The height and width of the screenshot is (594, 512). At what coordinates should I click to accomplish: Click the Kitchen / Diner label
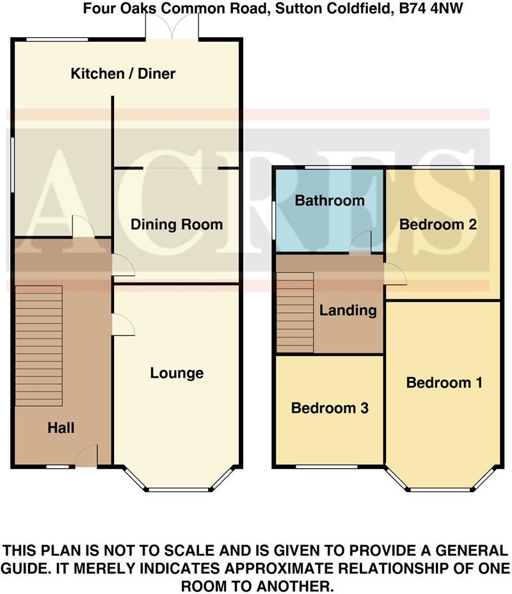click(123, 74)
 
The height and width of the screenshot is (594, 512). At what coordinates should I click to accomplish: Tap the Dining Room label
click(177, 225)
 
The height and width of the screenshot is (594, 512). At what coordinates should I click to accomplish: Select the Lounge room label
click(177, 373)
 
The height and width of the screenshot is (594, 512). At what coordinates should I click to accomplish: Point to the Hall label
click(61, 428)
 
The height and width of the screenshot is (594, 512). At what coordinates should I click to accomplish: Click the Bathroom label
click(330, 200)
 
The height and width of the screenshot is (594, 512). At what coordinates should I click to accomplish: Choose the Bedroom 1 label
click(444, 383)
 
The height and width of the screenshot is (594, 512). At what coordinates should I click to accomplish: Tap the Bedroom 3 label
click(330, 408)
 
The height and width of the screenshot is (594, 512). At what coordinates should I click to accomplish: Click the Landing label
click(348, 310)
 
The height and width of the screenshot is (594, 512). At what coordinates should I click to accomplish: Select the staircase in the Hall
click(38, 346)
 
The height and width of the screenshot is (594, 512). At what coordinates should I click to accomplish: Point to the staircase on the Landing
click(294, 312)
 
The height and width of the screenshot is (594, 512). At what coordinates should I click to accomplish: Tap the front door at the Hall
click(86, 457)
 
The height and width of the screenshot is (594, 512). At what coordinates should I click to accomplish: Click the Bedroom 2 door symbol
click(396, 275)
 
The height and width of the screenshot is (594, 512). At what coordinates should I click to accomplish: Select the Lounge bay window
click(179, 490)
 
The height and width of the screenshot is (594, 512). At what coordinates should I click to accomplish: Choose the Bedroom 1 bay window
click(442, 490)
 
